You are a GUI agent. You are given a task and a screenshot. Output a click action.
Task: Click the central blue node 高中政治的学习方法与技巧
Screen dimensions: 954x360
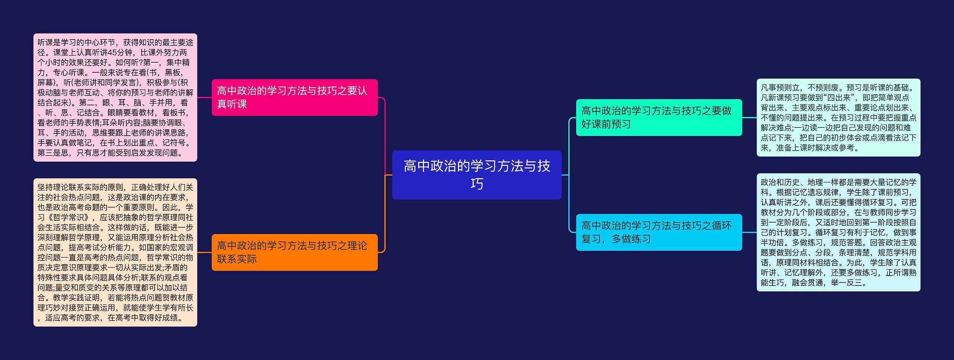[477, 175]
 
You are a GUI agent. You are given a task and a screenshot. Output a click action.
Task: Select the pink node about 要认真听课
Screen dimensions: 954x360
[295, 97]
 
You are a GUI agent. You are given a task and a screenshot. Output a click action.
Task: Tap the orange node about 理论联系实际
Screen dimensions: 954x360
[295, 252]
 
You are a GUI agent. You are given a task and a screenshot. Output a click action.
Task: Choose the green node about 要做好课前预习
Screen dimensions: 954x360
[659, 117]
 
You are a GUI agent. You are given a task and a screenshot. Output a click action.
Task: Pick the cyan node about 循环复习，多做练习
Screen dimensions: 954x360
[659, 232]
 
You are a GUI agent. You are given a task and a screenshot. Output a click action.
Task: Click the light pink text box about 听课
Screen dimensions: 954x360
[115, 98]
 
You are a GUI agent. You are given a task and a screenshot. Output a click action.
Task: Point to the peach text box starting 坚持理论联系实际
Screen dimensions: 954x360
[115, 252]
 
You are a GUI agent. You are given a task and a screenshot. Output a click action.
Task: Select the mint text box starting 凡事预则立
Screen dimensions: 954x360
[838, 117]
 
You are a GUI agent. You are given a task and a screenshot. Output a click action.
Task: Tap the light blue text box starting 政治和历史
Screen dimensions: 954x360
[838, 232]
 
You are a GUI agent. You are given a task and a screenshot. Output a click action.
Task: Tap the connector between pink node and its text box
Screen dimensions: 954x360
[204, 98]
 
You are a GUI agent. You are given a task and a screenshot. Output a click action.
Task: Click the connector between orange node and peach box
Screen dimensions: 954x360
[204, 252]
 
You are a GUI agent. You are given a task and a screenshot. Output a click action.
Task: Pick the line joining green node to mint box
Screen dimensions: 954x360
[749, 117]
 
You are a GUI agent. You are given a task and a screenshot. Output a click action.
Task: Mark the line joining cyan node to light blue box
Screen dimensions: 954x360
[749, 232]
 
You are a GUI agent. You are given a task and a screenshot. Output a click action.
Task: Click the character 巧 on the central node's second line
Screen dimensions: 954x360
[477, 184]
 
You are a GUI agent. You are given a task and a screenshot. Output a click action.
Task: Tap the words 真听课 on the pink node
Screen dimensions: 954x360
[232, 104]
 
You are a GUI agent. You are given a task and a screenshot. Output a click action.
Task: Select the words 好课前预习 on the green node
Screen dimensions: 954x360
[606, 124]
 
